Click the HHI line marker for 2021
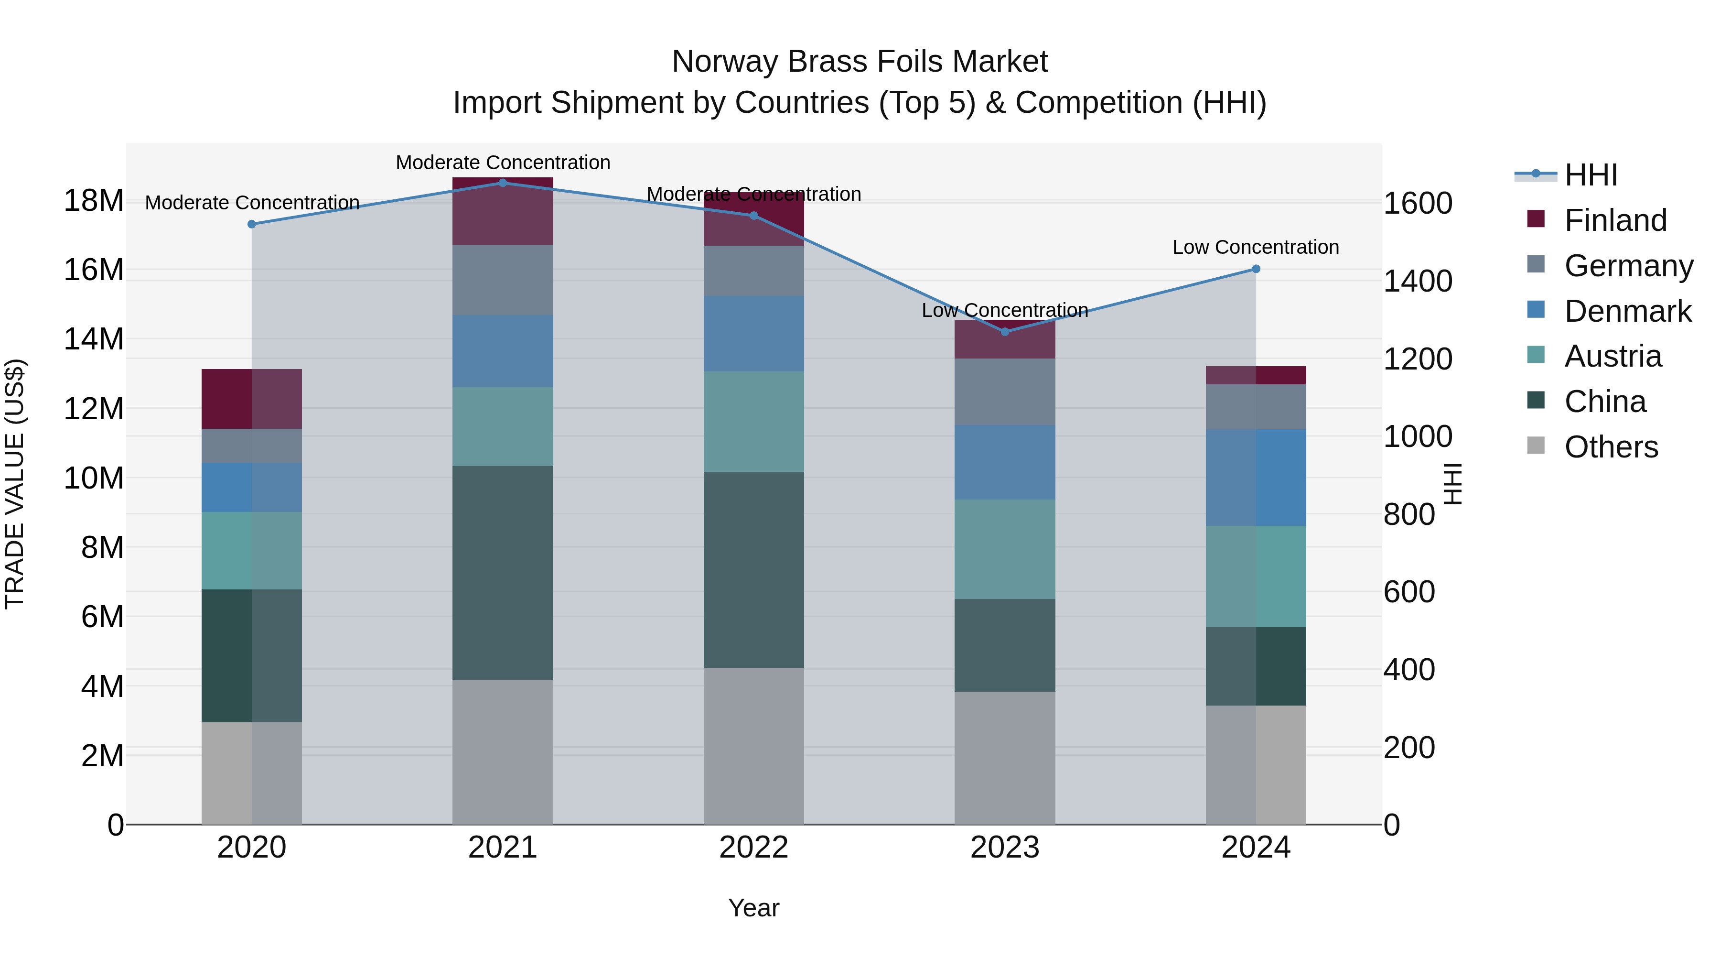[x=503, y=183]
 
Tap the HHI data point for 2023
[x=1005, y=331]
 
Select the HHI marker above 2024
[x=1256, y=269]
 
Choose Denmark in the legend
[x=1627, y=311]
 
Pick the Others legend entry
[x=1611, y=447]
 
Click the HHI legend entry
[x=1591, y=175]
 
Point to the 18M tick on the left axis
[x=94, y=200]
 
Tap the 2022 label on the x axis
[x=754, y=848]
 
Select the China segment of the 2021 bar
[x=503, y=573]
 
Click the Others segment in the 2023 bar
[x=1005, y=758]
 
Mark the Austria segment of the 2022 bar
[x=754, y=422]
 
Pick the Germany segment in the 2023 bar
[x=1005, y=392]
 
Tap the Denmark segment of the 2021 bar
[x=503, y=351]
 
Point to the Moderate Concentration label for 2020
[x=252, y=202]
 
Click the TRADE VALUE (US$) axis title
[x=15, y=484]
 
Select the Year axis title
[x=754, y=908]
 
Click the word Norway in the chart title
[x=725, y=62]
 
